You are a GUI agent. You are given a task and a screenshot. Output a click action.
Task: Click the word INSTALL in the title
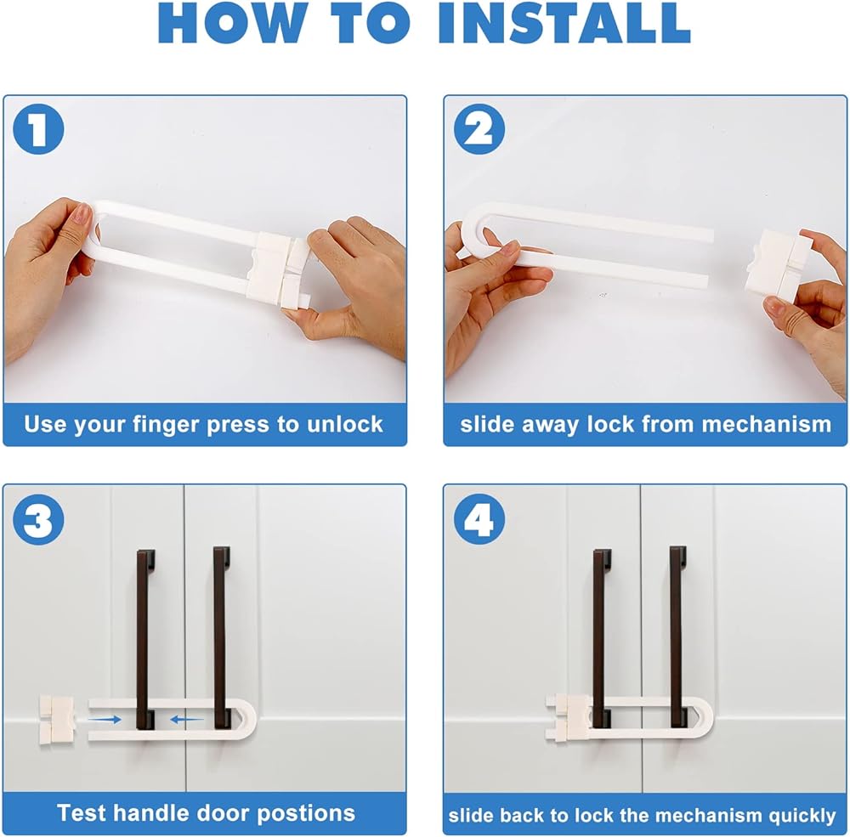tap(564, 23)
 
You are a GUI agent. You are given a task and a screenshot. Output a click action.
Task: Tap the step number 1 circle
tap(38, 129)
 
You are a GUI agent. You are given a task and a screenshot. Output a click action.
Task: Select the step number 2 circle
tap(479, 129)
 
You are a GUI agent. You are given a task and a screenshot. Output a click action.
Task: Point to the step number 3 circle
tap(38, 519)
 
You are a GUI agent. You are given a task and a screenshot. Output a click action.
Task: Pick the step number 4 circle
tap(479, 519)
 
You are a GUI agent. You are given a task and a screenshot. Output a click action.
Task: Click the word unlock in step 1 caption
tap(345, 424)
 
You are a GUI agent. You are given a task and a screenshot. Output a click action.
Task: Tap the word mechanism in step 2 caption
tap(766, 424)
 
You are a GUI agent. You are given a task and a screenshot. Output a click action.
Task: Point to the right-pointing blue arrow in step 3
tap(105, 720)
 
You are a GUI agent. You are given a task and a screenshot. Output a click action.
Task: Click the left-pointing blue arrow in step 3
tap(186, 720)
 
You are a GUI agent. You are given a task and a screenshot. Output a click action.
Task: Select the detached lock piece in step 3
tap(56, 720)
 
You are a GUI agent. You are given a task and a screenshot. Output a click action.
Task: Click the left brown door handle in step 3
tap(146, 639)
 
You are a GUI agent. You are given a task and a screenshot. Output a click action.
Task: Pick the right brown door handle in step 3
tap(221, 637)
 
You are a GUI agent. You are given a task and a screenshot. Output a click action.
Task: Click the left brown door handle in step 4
tap(602, 639)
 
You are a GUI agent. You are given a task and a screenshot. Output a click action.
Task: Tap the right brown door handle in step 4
tap(678, 637)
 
